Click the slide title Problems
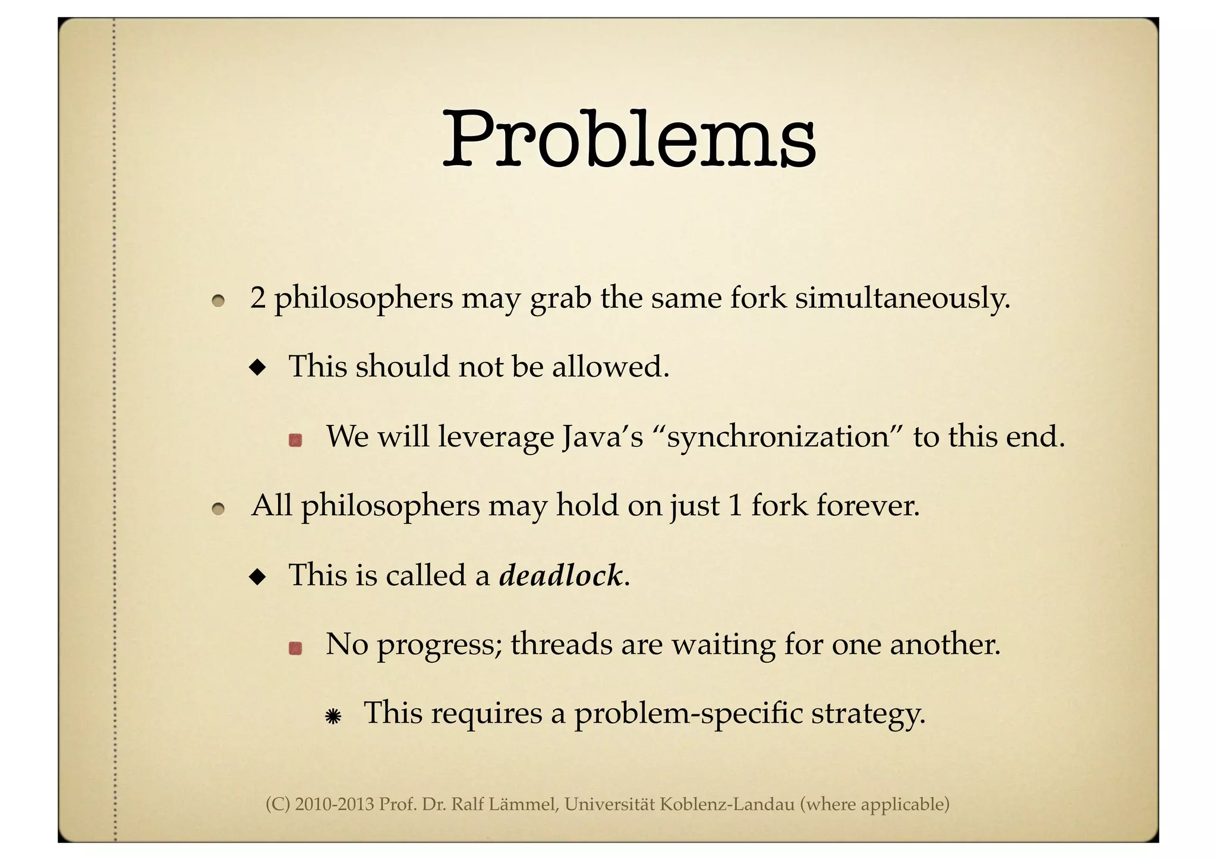click(x=629, y=140)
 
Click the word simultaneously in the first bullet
click(x=902, y=298)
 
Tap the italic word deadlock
click(x=561, y=575)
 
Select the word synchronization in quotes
click(x=778, y=437)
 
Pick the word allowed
click(x=610, y=366)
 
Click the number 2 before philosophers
click(x=257, y=298)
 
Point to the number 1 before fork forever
click(x=735, y=506)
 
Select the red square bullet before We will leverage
click(x=295, y=440)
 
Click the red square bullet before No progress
click(x=295, y=648)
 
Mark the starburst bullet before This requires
click(x=333, y=717)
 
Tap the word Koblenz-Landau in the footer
click(x=727, y=805)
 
